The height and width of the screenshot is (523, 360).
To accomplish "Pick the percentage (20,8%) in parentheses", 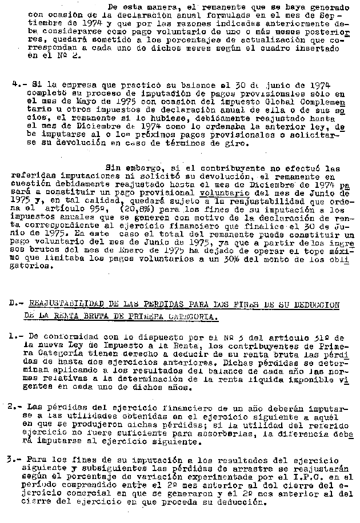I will (x=135, y=210).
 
